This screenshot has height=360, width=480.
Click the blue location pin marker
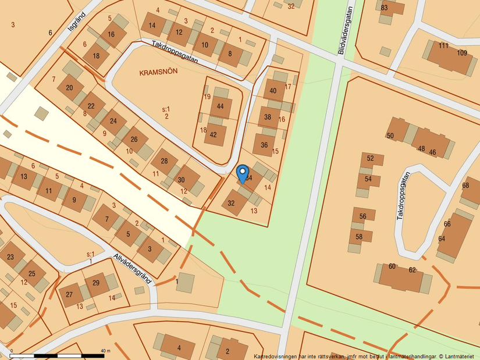click(x=243, y=173)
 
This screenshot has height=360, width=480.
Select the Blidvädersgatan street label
click(x=346, y=30)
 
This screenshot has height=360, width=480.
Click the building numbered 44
click(x=220, y=106)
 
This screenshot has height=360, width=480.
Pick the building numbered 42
click(x=214, y=134)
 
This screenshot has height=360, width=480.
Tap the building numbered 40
click(x=273, y=90)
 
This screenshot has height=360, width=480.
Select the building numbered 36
click(x=264, y=145)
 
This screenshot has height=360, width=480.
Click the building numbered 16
click(x=112, y=35)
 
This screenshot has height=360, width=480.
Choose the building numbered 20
click(x=70, y=88)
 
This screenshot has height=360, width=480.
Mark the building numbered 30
click(x=181, y=180)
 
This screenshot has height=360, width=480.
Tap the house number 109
click(x=462, y=53)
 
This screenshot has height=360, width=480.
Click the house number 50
click(x=390, y=136)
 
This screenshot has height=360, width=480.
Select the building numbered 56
click(x=362, y=216)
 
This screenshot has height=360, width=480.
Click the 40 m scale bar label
click(x=105, y=351)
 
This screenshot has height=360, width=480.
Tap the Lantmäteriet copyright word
click(x=456, y=356)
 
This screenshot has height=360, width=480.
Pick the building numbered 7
click(x=106, y=219)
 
